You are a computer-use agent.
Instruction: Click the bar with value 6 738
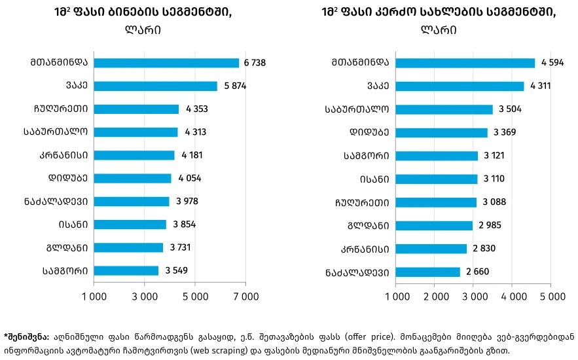(x=166, y=63)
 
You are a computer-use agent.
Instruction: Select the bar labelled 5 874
(x=155, y=86)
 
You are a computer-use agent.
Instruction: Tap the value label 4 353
(x=196, y=109)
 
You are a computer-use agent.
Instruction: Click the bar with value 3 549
(x=126, y=270)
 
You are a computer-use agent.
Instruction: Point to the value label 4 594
(x=552, y=63)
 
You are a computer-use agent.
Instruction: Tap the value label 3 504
(x=510, y=109)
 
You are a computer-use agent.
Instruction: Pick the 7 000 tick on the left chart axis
(x=245, y=297)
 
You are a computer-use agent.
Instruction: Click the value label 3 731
(x=181, y=247)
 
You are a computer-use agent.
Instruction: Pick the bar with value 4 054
(x=132, y=178)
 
